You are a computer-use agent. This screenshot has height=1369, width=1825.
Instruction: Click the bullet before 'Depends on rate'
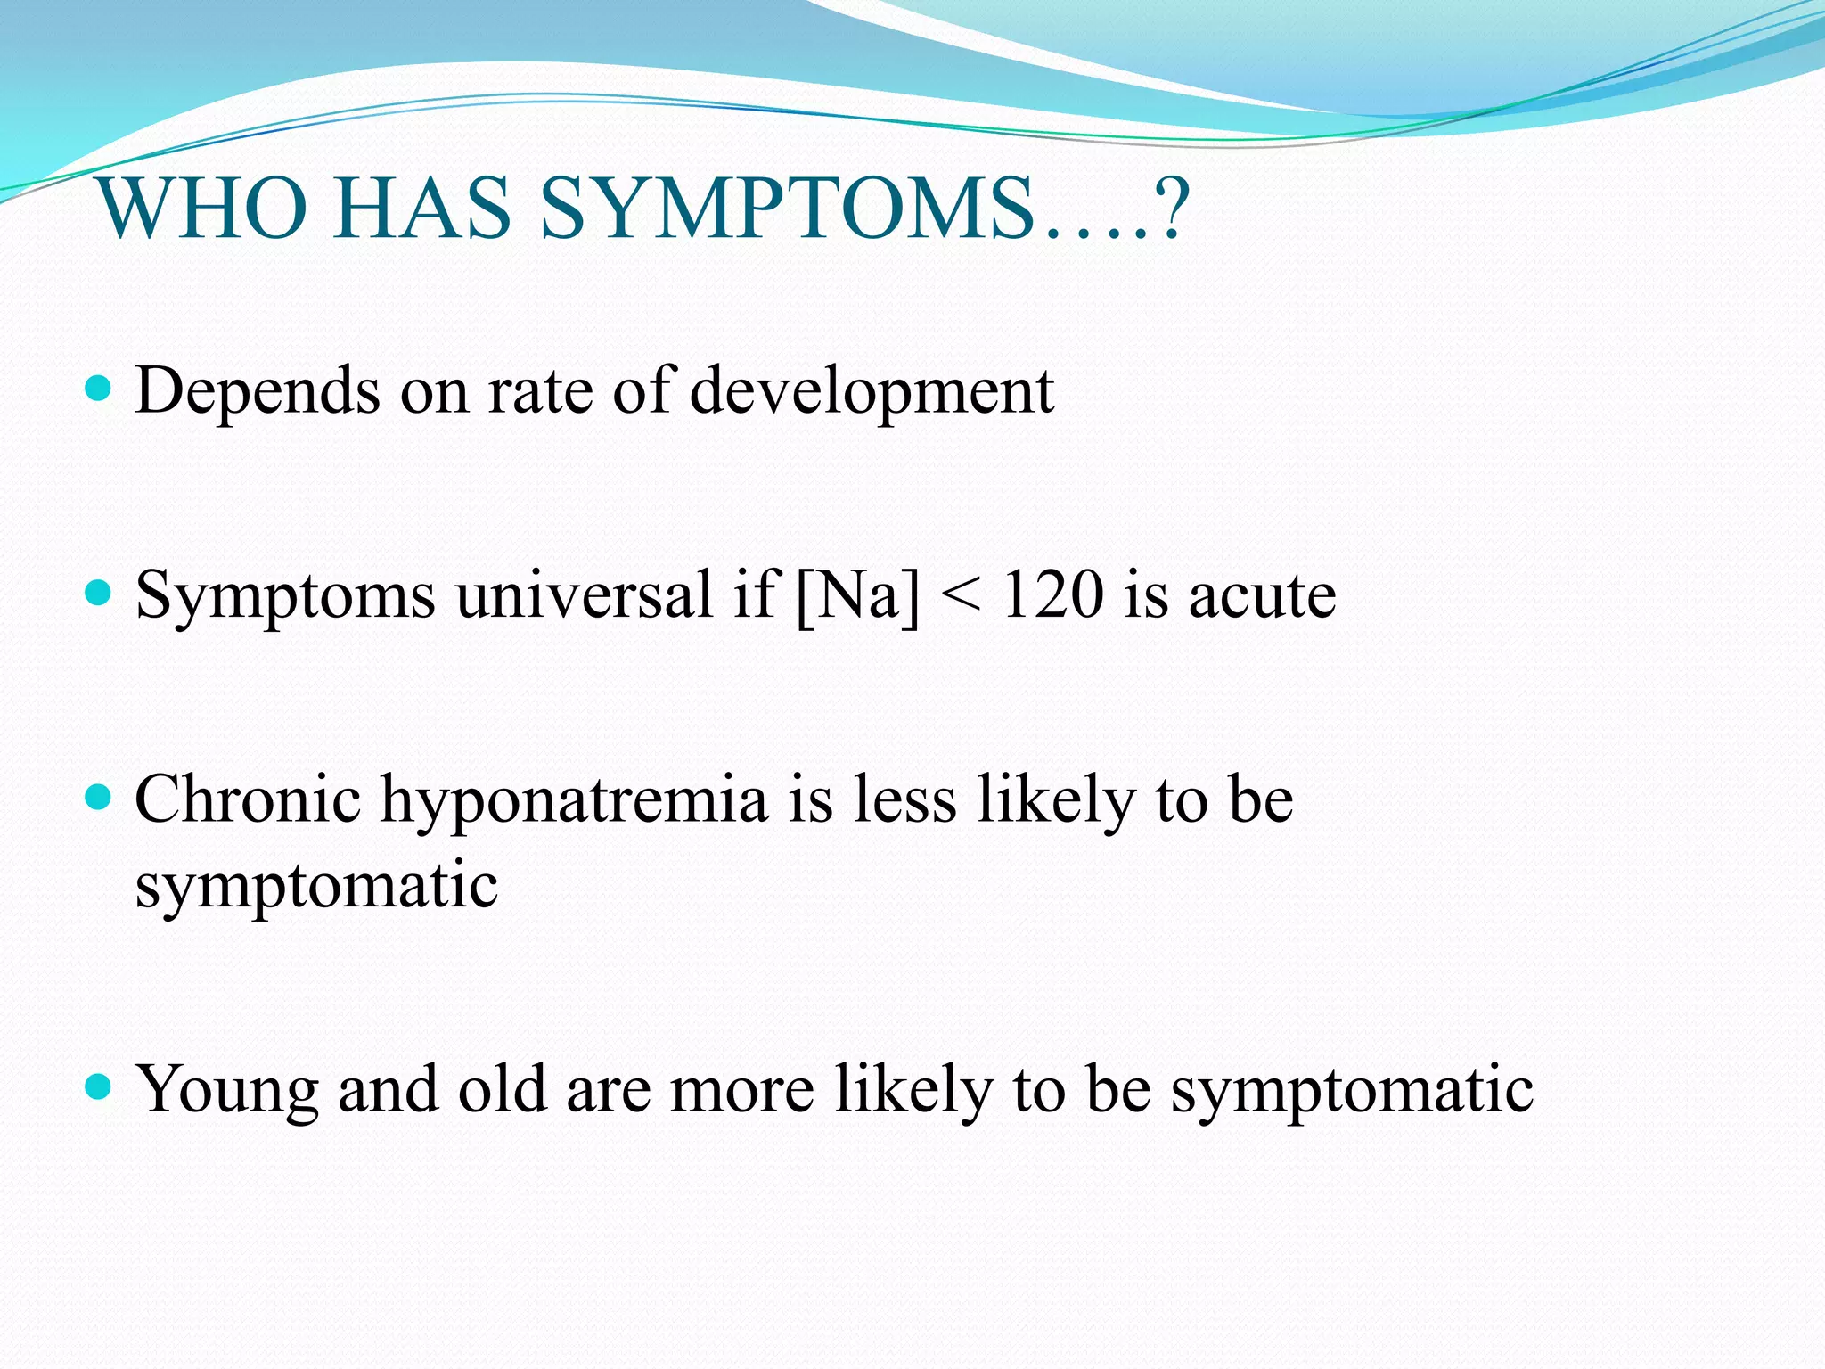97,389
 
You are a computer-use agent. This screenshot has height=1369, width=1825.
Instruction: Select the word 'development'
872,392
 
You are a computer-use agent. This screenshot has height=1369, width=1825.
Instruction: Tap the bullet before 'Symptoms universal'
97,593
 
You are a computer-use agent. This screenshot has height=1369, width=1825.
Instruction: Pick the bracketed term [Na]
856,595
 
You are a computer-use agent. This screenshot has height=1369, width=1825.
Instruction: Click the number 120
1052,595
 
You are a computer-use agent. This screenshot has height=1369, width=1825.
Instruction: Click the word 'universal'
584,595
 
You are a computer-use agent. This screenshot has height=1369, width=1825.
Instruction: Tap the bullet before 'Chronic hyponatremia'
97,796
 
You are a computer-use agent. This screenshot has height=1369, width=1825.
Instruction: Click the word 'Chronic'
248,799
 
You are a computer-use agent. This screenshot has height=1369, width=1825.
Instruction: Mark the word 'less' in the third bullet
904,799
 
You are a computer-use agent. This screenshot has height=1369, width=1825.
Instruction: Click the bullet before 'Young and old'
97,1086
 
